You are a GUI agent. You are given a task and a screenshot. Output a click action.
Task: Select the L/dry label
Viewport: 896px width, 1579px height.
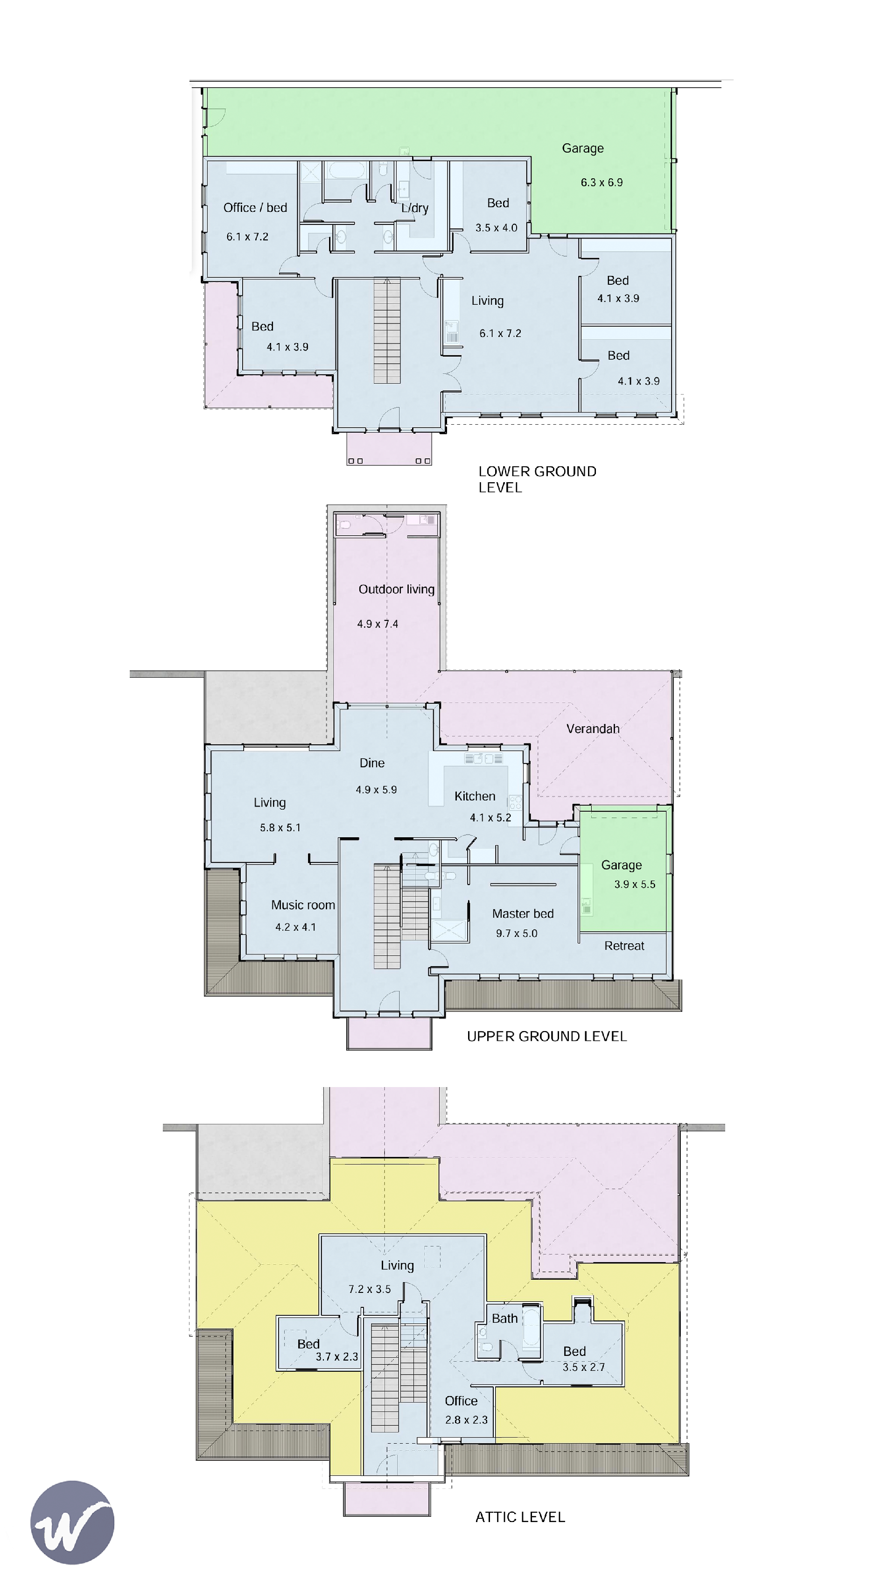[415, 208]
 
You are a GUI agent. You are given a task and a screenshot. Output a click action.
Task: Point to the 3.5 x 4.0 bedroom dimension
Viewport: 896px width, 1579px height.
[496, 228]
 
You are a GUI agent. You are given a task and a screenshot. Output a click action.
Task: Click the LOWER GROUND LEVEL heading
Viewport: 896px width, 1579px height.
[537, 479]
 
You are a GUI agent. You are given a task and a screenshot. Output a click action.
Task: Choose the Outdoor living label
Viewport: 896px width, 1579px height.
[396, 589]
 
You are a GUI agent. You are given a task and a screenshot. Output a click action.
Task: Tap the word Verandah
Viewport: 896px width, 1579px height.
[593, 729]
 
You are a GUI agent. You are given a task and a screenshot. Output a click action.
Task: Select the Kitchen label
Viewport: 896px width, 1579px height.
[475, 796]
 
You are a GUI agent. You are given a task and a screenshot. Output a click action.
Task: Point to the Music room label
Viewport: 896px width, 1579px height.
[303, 905]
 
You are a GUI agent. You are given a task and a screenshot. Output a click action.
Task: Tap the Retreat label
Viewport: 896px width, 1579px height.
[624, 946]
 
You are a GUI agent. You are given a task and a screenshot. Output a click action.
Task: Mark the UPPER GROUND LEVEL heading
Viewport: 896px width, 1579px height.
[546, 1036]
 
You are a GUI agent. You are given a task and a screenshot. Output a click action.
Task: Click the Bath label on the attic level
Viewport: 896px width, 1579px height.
[504, 1319]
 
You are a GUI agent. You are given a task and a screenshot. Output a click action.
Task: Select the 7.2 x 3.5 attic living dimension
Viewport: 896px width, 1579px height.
[369, 1289]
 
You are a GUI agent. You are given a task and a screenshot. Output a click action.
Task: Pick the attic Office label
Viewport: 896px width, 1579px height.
[461, 1401]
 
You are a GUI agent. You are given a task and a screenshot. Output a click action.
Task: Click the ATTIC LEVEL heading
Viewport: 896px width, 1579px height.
[520, 1517]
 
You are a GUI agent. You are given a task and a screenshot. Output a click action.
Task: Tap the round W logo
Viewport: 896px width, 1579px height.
[73, 1523]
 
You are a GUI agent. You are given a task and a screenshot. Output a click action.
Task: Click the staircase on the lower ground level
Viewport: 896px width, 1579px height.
[387, 331]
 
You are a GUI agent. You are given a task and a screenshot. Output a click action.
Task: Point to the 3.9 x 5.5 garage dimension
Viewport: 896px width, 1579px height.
[635, 884]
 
